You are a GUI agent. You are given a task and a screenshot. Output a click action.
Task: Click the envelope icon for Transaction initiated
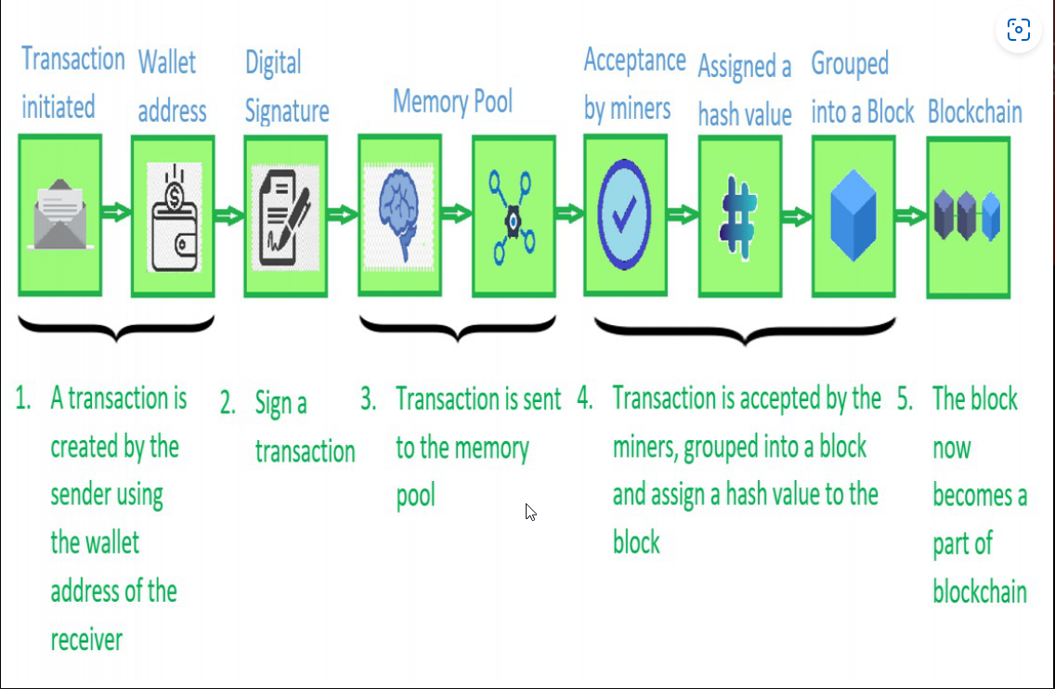tap(59, 214)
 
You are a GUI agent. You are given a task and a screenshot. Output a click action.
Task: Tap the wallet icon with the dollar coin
tap(175, 217)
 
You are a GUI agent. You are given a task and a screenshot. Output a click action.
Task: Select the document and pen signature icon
tap(285, 217)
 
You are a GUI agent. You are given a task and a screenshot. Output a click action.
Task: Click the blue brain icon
tap(399, 216)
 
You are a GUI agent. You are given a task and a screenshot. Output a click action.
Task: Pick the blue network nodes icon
tap(513, 216)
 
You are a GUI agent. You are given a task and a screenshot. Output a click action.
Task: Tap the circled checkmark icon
tap(624, 214)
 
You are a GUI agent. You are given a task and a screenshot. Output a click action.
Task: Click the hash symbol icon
tap(738, 217)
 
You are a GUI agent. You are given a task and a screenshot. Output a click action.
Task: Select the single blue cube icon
tap(853, 215)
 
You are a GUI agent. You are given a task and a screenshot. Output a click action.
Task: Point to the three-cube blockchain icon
tap(968, 215)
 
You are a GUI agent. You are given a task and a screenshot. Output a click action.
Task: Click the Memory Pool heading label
tap(452, 101)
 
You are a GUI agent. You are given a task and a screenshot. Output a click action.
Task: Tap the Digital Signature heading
tap(287, 86)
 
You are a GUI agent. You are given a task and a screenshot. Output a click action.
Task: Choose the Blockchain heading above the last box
tap(975, 111)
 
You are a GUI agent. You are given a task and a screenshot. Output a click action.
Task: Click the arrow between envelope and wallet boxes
tap(116, 213)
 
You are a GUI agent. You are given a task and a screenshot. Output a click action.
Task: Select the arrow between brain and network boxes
tap(457, 214)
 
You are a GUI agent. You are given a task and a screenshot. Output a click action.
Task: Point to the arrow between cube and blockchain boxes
tap(911, 216)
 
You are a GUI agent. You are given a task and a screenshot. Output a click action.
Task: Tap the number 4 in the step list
tap(585, 399)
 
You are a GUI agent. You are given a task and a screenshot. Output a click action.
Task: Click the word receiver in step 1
tap(86, 640)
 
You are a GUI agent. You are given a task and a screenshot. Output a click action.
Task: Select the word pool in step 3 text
tap(416, 496)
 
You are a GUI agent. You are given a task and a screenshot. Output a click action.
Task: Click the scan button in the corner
tap(1019, 30)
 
